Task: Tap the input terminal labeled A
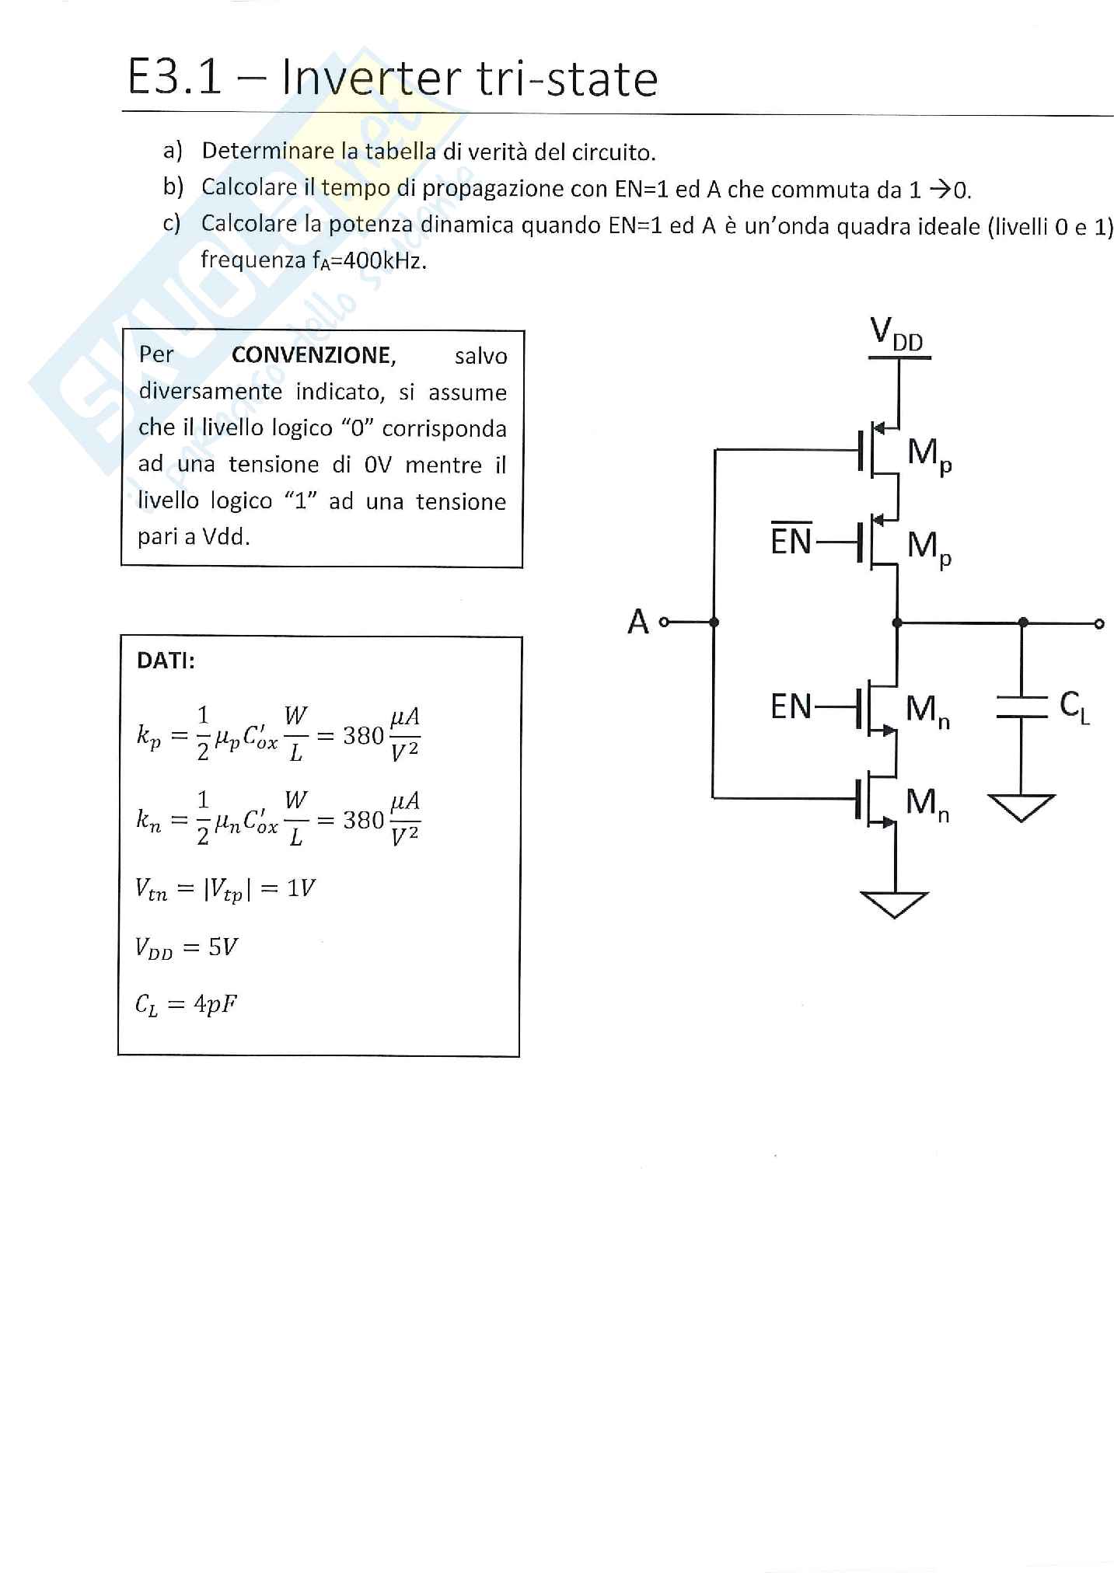[663, 622]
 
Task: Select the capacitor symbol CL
[1023, 707]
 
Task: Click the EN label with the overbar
[791, 540]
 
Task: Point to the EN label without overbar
[791, 706]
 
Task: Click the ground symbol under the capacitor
[1022, 807]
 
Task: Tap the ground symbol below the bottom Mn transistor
[895, 905]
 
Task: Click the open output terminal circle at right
[1099, 623]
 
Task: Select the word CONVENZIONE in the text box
[314, 355]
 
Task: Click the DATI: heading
[166, 661]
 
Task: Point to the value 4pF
[215, 1004]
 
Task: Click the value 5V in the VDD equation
[223, 947]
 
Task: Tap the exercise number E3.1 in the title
[175, 78]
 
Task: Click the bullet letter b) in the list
[173, 187]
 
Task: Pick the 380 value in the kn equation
[364, 819]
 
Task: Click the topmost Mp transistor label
[930, 455]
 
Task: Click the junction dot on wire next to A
[714, 622]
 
